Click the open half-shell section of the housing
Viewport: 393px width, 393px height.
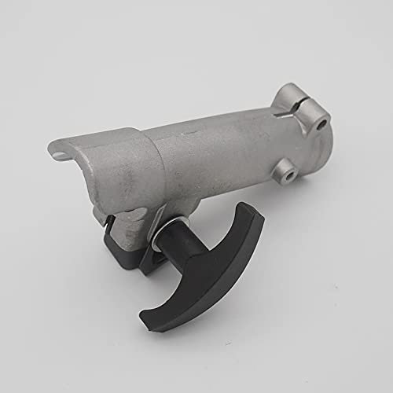point(110,169)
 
